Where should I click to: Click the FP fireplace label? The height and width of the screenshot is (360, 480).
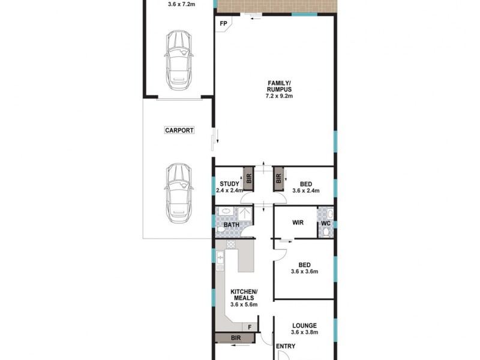click(x=223, y=24)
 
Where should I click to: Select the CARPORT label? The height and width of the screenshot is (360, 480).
click(x=179, y=130)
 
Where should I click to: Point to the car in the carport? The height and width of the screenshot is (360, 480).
click(x=179, y=189)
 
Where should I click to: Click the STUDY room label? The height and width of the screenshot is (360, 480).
click(x=229, y=184)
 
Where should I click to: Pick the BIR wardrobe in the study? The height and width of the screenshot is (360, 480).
click(x=249, y=178)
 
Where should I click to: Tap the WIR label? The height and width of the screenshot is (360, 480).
click(x=298, y=223)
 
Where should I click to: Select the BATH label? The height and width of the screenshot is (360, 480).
click(x=232, y=226)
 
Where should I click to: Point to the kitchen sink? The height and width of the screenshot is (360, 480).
click(x=220, y=259)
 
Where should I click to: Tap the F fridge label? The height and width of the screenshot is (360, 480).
click(x=250, y=327)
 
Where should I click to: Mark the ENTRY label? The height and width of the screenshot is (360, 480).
click(x=286, y=346)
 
